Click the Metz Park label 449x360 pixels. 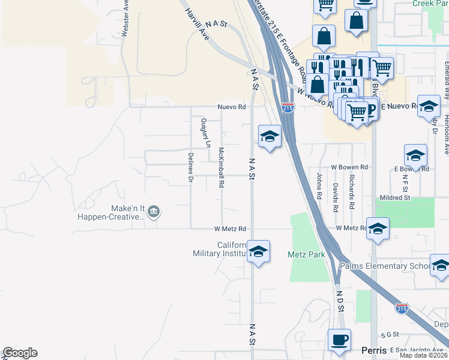coord(306,254)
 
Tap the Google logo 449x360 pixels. coord(20,353)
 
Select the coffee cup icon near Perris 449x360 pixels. coord(339,340)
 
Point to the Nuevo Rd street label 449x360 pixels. coord(232,107)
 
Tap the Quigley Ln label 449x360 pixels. coord(203,133)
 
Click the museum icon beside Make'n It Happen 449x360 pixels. coord(154,211)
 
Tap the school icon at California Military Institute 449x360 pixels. coord(258,251)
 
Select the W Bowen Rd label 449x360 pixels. coord(349,167)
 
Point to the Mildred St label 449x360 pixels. coord(394,197)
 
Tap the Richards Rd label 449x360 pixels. coord(352,185)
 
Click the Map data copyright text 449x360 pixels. coord(423,355)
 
